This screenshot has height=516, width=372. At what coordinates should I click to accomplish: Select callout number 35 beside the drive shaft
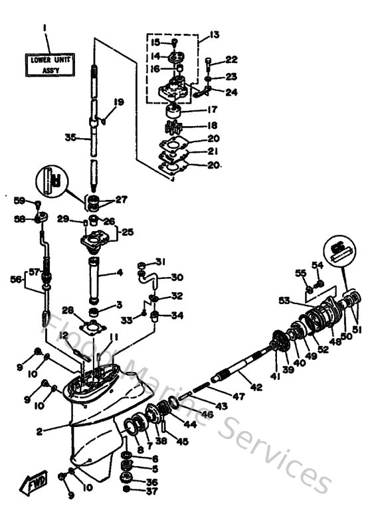coord(70,138)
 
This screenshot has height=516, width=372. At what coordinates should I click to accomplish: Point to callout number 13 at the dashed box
coord(214,35)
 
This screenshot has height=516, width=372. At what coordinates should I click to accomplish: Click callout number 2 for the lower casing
coord(40,432)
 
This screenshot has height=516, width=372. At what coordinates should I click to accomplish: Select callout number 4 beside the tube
coord(120,272)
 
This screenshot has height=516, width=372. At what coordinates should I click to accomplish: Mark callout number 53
coord(284,301)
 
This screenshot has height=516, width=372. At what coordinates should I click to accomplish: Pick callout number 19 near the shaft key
coord(119,102)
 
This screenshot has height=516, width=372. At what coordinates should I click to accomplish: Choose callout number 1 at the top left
coord(45,28)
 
